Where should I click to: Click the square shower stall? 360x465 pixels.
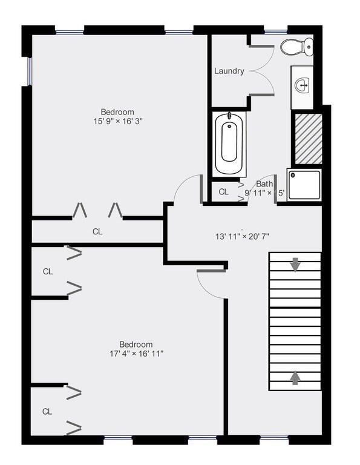303,184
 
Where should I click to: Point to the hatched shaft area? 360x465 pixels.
307,137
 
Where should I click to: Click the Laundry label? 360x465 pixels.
229,71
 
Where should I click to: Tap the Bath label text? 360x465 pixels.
264,184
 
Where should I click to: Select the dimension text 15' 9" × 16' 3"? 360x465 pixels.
117,121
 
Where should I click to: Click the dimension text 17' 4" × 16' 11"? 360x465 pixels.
136,354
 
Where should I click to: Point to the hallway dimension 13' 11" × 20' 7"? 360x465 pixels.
242,236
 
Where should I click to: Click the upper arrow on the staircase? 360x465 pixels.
295,264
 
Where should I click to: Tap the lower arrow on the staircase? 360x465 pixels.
295,377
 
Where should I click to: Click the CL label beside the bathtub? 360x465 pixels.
223,192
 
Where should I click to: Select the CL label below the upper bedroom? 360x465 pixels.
97,231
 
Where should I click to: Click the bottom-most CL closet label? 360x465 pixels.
47,411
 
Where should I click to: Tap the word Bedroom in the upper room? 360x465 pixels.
117,112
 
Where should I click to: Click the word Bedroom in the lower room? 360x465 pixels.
136,344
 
